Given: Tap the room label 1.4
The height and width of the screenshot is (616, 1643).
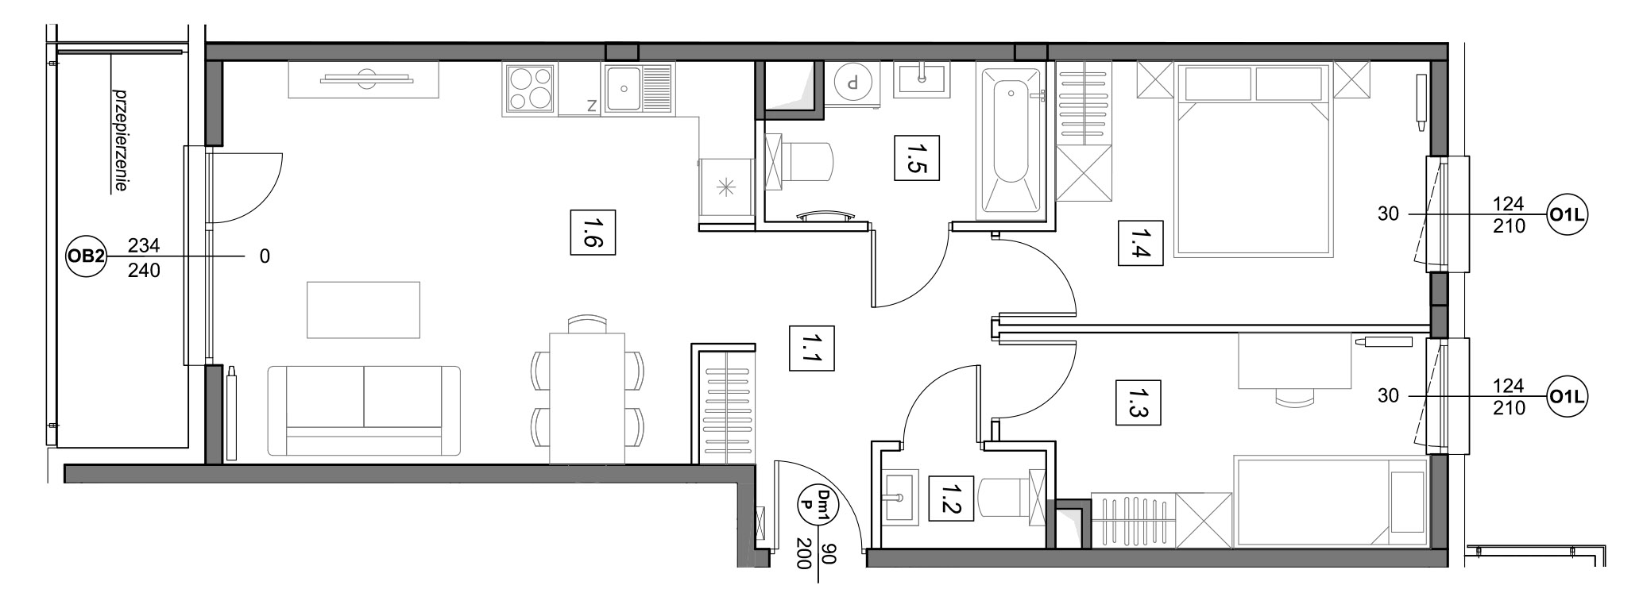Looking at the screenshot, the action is (x=1141, y=242).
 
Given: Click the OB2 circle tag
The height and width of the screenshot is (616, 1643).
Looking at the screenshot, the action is (x=85, y=256).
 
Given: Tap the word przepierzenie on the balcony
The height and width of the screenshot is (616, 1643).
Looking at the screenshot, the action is (x=121, y=141).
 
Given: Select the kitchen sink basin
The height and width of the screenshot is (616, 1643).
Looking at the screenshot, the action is (x=624, y=88).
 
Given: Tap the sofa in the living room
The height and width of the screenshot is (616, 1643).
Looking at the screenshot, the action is (x=364, y=410).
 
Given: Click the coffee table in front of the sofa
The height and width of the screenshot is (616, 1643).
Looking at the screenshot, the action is (x=363, y=310).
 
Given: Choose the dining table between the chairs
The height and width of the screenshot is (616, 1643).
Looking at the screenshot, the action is (x=587, y=398).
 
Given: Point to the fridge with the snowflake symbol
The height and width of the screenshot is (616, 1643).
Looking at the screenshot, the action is (x=725, y=188).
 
